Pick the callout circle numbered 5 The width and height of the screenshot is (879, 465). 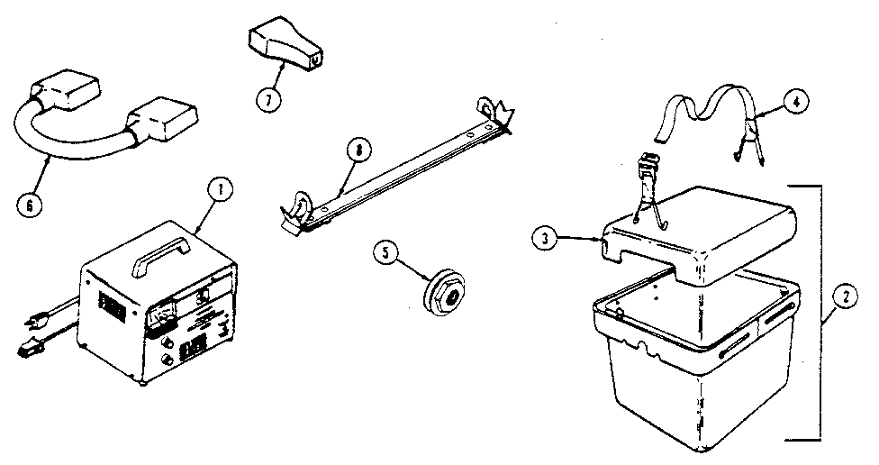coord(386,254)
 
